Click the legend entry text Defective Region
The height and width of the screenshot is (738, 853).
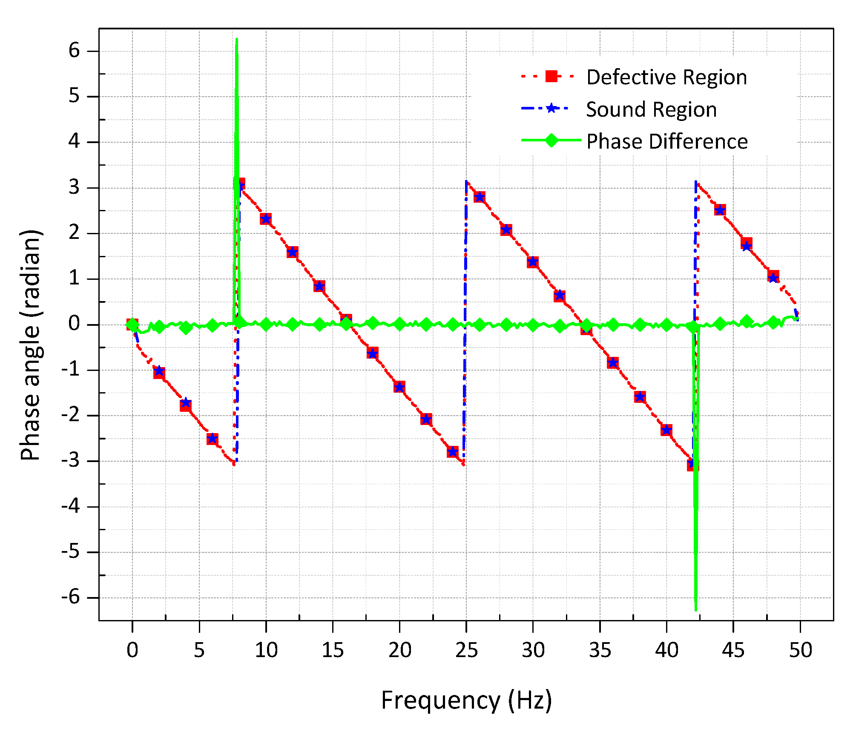[x=666, y=78]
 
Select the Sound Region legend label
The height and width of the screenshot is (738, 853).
[x=651, y=109]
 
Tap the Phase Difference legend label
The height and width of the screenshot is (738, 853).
[x=667, y=141]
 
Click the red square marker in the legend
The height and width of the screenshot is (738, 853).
[x=551, y=77]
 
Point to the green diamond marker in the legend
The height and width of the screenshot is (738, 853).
[x=551, y=140]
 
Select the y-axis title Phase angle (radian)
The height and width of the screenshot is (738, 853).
[x=31, y=345]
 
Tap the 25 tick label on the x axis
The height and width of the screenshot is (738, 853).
[x=466, y=650]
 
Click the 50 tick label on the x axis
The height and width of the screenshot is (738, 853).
[x=800, y=650]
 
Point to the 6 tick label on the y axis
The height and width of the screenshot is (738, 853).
[x=74, y=51]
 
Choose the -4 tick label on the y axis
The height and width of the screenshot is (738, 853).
[x=70, y=506]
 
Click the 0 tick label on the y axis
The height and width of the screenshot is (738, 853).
[x=74, y=324]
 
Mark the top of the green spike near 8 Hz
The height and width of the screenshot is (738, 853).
[x=237, y=40]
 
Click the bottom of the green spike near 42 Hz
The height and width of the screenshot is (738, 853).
[x=696, y=610]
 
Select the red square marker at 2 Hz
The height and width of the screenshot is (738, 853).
[x=159, y=373]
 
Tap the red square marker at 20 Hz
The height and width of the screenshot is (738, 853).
[x=399, y=387]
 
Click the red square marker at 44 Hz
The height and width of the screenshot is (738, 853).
[x=720, y=210]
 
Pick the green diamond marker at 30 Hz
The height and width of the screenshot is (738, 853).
[x=533, y=325]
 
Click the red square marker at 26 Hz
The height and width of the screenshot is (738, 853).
[x=480, y=197]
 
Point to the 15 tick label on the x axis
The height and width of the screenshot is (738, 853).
[x=333, y=650]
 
